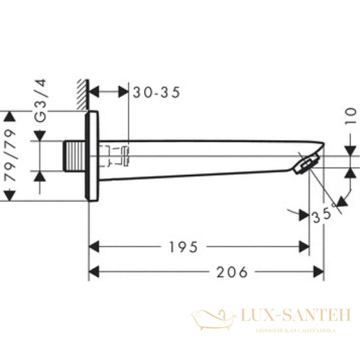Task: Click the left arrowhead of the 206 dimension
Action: tap(94, 272)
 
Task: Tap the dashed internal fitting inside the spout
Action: tap(117, 156)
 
